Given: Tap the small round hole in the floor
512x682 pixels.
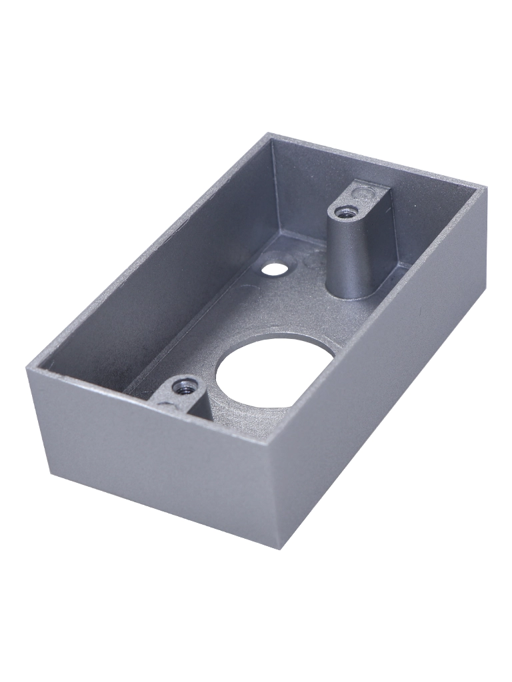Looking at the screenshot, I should coord(272,269).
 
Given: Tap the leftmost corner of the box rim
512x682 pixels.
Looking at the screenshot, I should coord(28,368).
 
